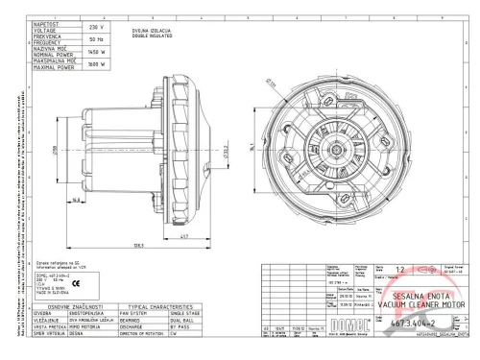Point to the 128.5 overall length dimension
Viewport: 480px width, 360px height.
point(140,245)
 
